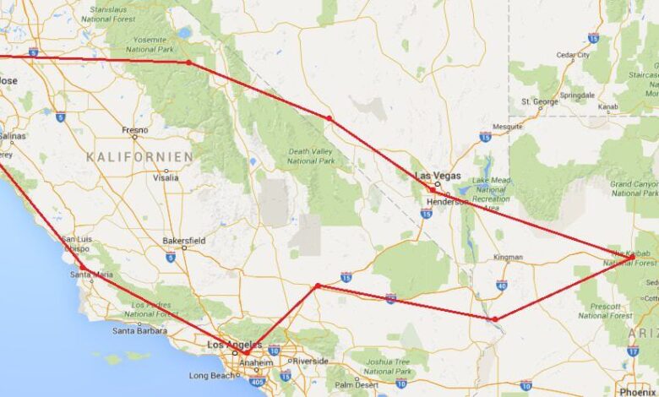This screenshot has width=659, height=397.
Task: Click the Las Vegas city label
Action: (448, 175)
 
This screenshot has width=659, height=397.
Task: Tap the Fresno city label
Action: (134, 130)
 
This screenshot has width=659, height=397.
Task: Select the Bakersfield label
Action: (186, 239)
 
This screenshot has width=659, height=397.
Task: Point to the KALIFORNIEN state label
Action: (139, 157)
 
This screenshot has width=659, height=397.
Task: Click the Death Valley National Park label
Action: (311, 155)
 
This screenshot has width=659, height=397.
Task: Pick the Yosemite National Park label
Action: (150, 45)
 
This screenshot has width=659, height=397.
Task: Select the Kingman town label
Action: (508, 256)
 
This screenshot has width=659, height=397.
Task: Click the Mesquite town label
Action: (507, 127)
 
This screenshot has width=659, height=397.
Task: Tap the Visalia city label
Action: (165, 177)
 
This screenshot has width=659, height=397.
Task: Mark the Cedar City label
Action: (573, 56)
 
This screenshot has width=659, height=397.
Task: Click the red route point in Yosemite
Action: (188, 62)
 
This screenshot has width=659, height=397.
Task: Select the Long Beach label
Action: (210, 375)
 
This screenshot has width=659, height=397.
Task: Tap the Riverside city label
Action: (311, 361)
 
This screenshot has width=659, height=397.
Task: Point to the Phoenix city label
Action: (640, 392)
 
